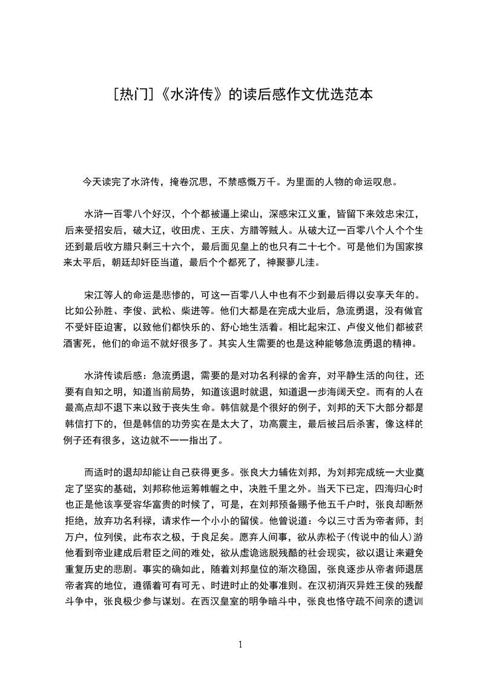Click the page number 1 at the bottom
pos(240,645)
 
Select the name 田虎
pos(205,230)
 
